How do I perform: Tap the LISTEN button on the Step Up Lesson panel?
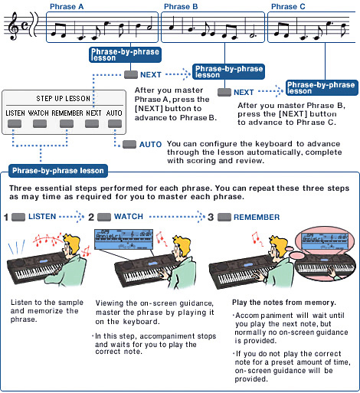[15, 123]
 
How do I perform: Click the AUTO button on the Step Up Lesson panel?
[114, 123]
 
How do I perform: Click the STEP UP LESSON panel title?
[64, 99]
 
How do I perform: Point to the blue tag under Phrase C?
[321, 87]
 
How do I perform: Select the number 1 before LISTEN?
[6, 218]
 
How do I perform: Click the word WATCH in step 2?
[129, 218]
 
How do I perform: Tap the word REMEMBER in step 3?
[257, 218]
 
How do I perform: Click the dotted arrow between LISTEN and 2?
[71, 218]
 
